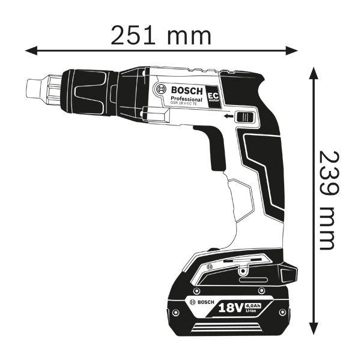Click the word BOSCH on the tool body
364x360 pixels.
click(187, 90)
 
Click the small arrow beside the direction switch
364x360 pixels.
click(228, 118)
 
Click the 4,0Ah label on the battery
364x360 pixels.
click(255, 305)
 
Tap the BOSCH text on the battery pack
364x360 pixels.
click(203, 301)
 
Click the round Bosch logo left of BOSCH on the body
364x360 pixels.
click(161, 90)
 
